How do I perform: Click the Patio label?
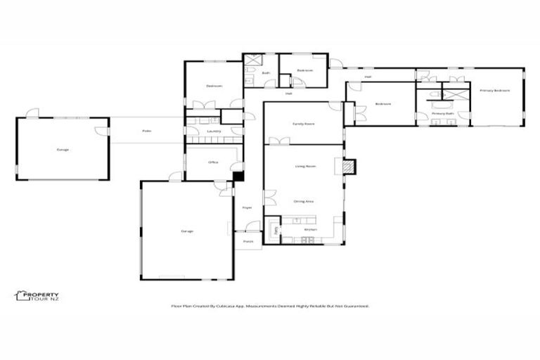click(x=146, y=131)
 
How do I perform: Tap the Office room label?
click(x=213, y=162)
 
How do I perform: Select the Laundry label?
click(x=214, y=131)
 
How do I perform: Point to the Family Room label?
click(x=303, y=124)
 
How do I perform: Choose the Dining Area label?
click(x=303, y=202)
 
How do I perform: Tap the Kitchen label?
click(x=310, y=230)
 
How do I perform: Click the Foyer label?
click(x=247, y=207)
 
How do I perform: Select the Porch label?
click(x=247, y=241)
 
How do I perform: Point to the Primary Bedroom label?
click(x=495, y=91)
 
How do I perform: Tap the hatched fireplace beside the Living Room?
click(x=349, y=167)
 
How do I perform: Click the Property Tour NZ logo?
click(x=37, y=297)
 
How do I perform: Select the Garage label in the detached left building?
click(x=63, y=150)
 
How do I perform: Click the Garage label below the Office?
click(x=186, y=231)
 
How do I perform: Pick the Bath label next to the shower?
click(x=266, y=73)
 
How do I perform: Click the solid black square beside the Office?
click(x=238, y=176)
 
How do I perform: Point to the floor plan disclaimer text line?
click(x=271, y=307)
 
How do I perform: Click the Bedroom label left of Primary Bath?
click(x=382, y=104)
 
